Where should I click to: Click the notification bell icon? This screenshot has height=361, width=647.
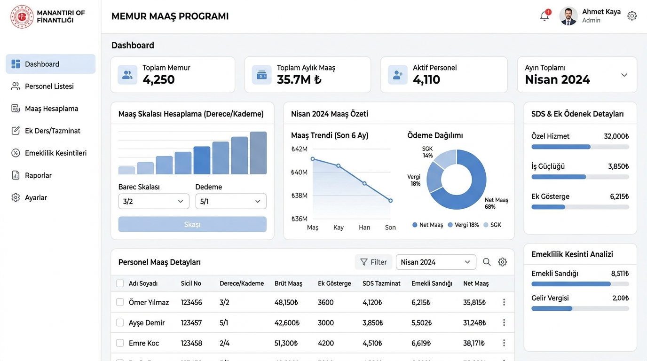click(x=544, y=16)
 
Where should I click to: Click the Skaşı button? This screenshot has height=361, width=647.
click(x=192, y=224)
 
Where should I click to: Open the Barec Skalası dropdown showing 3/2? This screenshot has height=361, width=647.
click(x=154, y=201)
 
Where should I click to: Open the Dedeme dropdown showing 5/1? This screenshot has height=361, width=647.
click(x=231, y=201)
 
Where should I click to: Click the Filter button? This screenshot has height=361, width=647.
click(x=373, y=262)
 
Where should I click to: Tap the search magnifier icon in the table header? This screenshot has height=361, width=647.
click(x=487, y=262)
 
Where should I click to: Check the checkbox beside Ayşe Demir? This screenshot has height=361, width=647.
click(x=120, y=322)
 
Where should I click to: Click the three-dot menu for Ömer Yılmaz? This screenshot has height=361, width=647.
click(x=504, y=302)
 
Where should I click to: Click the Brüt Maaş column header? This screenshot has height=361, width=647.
click(x=288, y=283)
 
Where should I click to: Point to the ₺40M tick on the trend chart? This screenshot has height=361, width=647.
click(x=299, y=173)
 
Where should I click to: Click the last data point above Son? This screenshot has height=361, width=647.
click(x=391, y=200)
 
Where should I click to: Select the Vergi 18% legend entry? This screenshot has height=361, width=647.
click(x=463, y=225)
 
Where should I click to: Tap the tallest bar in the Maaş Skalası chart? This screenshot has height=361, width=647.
click(x=258, y=153)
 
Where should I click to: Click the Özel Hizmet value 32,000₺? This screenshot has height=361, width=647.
click(x=616, y=136)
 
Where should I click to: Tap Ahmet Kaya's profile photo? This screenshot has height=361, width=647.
click(x=568, y=16)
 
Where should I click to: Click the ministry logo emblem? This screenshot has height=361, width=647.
click(x=22, y=16)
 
